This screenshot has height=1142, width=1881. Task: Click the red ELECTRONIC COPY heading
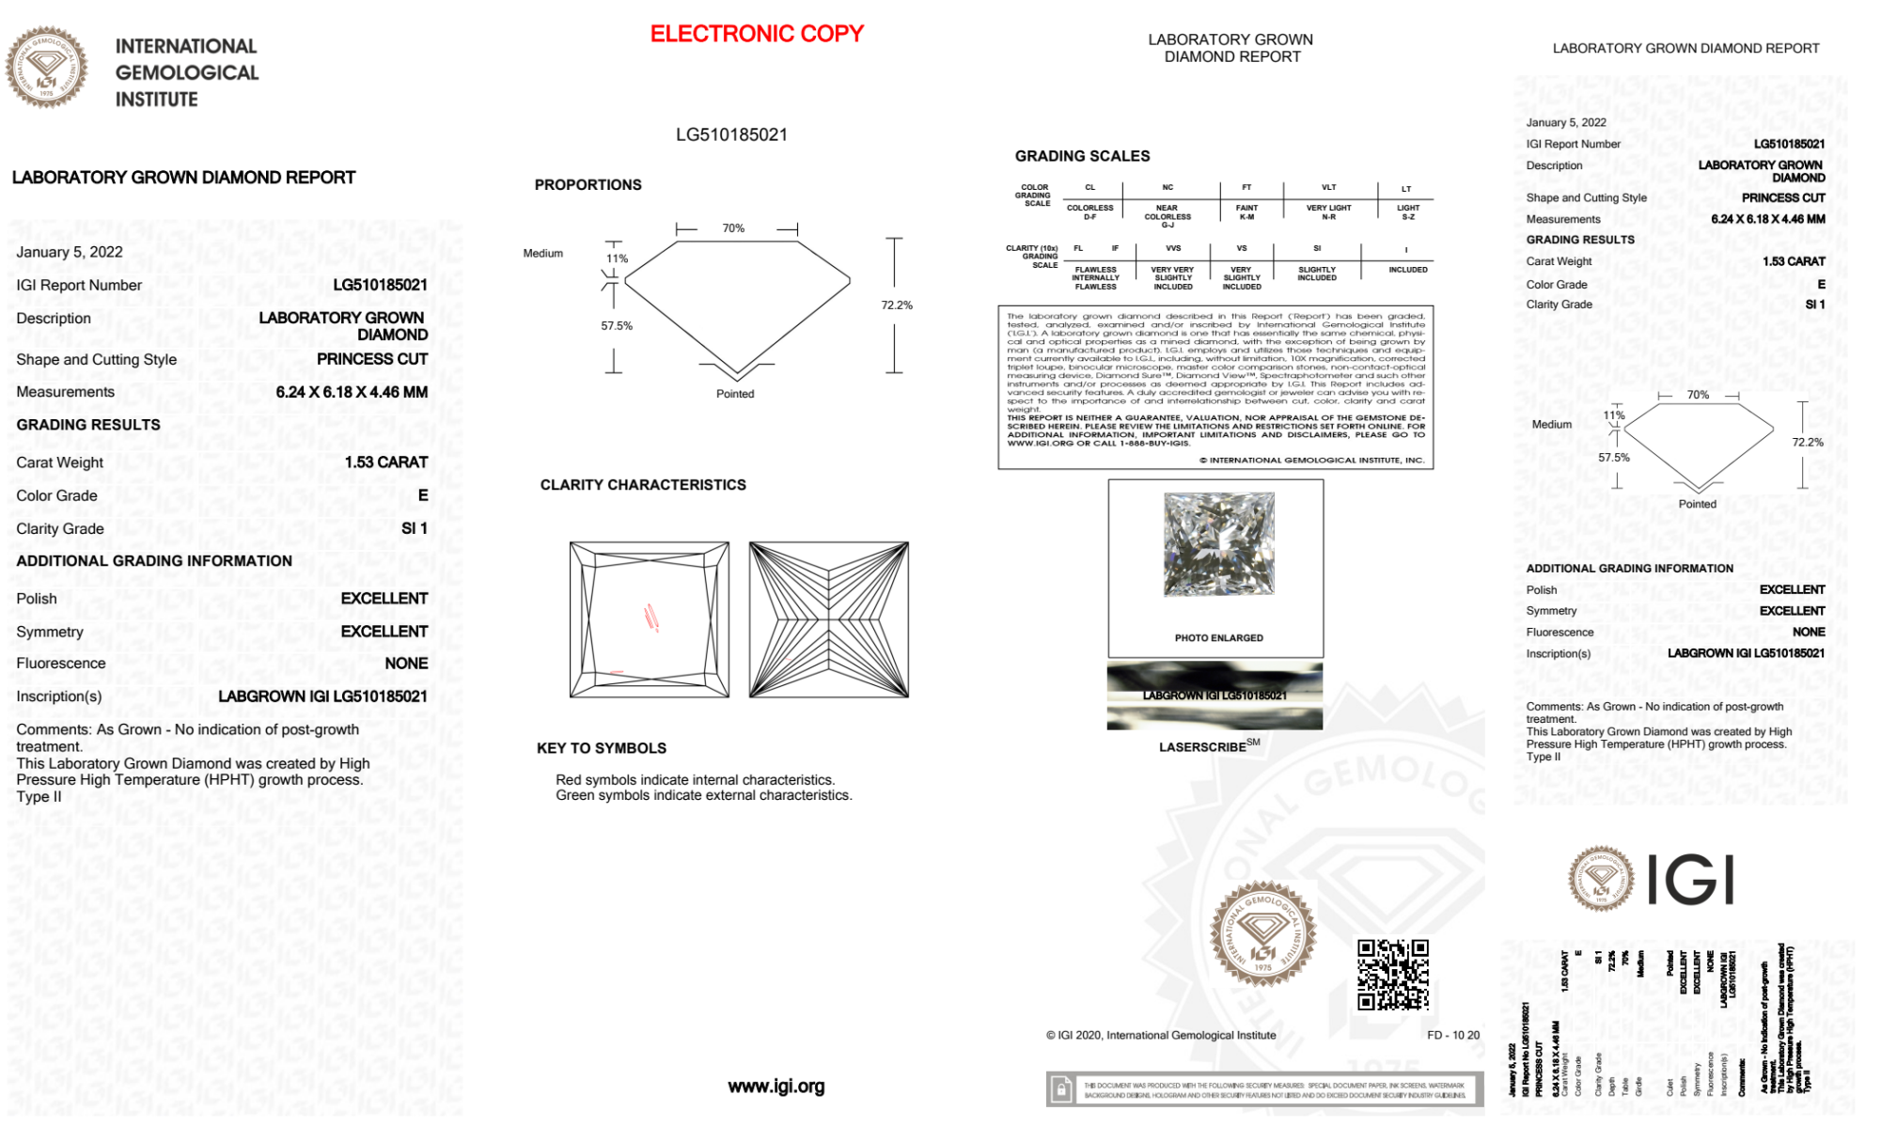756,34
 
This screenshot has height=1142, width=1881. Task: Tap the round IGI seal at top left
46,67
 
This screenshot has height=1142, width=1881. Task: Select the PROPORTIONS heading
588,185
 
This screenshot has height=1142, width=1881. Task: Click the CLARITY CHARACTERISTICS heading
643,485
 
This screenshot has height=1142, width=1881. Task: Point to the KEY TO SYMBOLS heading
602,748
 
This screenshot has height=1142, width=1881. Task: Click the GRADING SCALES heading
1082,156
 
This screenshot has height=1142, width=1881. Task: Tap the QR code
1392,974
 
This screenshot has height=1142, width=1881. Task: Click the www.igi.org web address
776,1087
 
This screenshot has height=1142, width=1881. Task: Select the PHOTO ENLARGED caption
1218,638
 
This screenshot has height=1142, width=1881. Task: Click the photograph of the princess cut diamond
1218,544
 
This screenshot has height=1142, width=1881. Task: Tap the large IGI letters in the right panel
1690,881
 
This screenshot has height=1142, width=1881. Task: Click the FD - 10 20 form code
1452,1036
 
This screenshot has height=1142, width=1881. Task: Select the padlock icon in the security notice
1061,1089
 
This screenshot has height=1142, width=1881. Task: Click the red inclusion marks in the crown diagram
651,617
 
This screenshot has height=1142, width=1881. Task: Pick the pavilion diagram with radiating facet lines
828,619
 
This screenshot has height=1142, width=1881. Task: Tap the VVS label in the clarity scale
1173,249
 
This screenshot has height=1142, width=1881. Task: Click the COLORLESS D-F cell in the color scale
1089,212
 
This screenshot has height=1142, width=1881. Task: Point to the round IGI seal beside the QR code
1262,933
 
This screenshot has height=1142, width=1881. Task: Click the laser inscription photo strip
1215,696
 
